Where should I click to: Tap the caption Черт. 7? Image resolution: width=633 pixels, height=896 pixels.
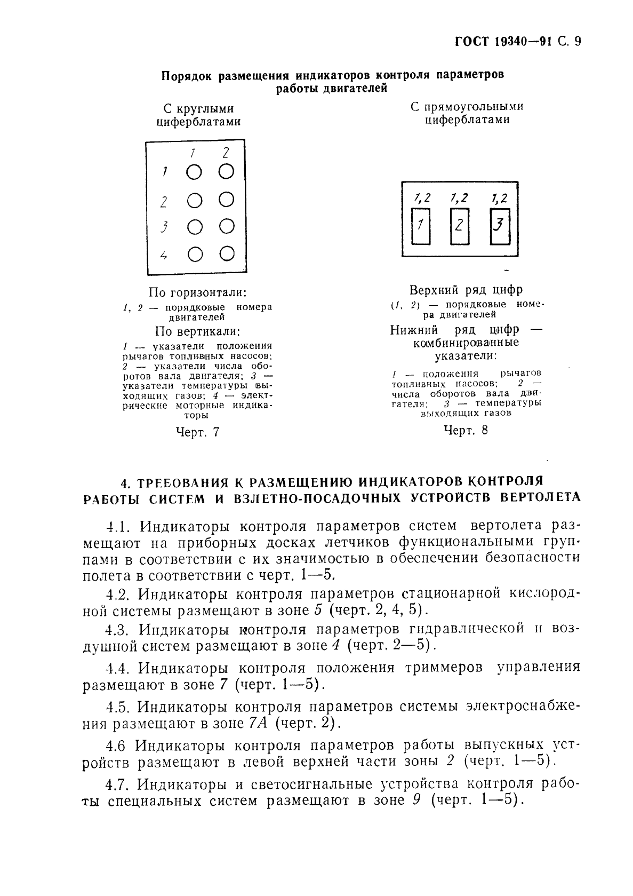click(197, 432)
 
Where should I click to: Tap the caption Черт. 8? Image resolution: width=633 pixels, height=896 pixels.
click(466, 430)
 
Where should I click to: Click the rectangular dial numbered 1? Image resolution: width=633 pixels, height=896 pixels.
click(421, 226)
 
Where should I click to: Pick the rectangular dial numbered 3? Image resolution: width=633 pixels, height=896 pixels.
click(499, 226)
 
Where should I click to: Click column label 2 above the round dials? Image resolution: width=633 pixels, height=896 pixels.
click(226, 153)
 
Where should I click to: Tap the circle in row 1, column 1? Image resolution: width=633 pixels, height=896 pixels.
click(195, 172)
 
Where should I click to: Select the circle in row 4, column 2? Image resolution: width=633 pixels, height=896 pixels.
click(227, 254)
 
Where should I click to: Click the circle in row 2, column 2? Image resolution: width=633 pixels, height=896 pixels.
click(227, 200)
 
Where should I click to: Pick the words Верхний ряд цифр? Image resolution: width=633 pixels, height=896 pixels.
click(466, 290)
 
